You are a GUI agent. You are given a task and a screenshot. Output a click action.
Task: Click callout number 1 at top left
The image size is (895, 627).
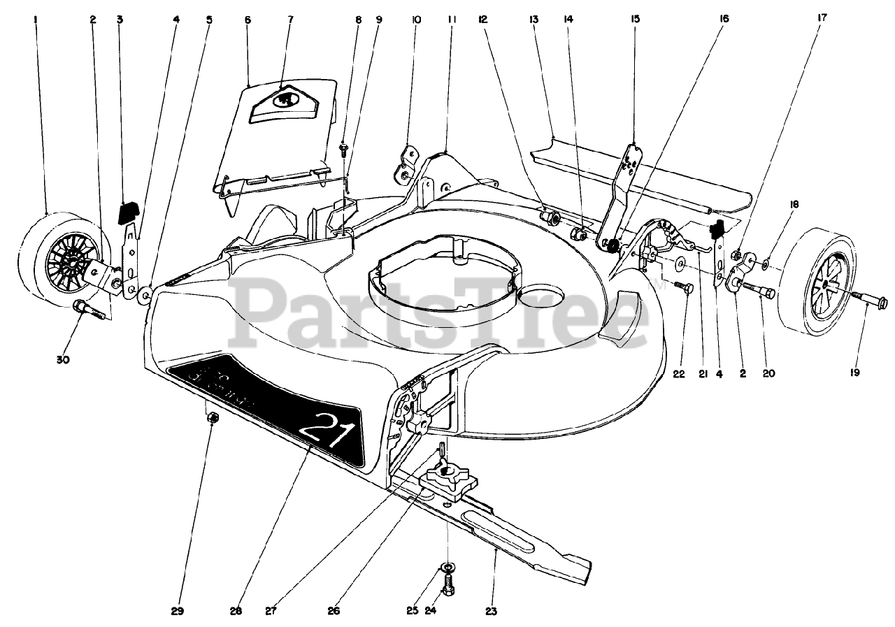(35, 20)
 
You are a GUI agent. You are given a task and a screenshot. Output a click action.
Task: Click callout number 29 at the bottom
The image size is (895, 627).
(176, 610)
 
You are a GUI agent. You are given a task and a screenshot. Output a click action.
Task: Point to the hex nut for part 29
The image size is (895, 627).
(215, 417)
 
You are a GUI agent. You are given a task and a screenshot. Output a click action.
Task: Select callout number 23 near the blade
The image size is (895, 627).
(492, 610)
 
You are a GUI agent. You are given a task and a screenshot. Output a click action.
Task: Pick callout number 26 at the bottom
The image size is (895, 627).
(334, 610)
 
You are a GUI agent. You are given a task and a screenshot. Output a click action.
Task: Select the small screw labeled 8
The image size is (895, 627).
(344, 148)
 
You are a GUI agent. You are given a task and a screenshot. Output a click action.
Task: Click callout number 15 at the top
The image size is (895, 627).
(635, 20)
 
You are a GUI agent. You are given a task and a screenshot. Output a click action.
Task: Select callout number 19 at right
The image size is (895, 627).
(854, 373)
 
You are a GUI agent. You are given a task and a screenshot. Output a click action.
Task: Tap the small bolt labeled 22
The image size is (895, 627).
(683, 286)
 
